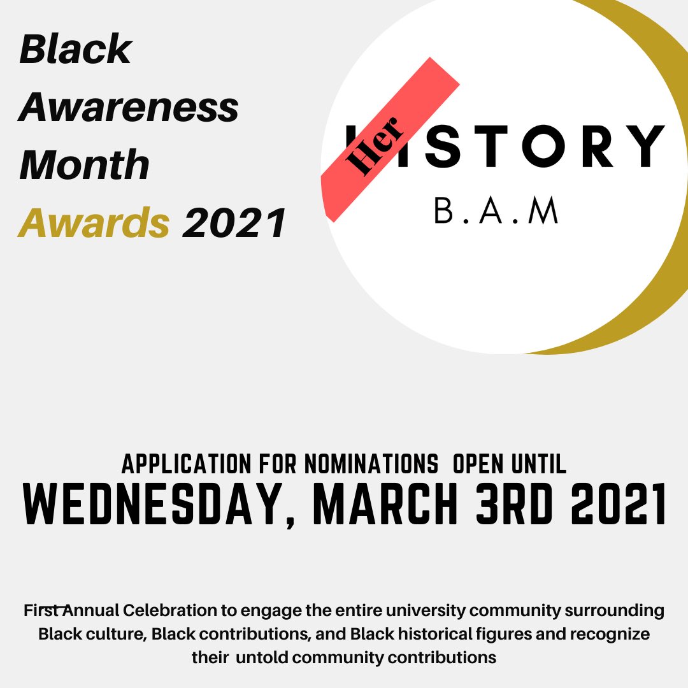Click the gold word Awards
[x=94, y=223]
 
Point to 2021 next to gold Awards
[x=234, y=223]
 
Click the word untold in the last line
[x=264, y=657]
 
